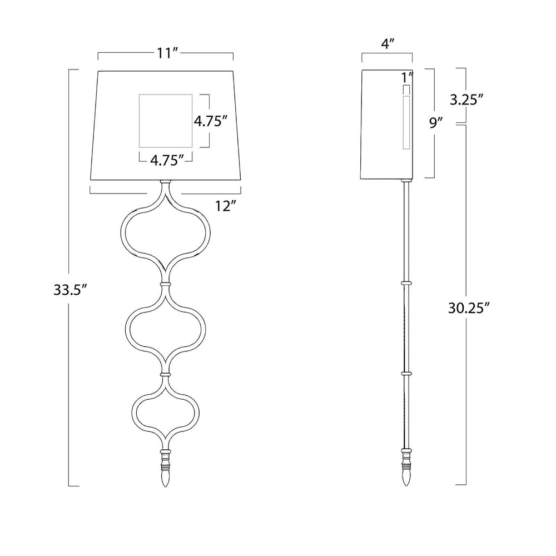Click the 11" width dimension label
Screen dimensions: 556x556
[167, 53]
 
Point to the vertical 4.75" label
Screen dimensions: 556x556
[210, 121]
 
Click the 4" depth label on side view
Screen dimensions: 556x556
[388, 44]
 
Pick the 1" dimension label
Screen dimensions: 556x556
[408, 77]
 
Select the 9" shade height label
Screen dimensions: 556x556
[436, 123]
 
